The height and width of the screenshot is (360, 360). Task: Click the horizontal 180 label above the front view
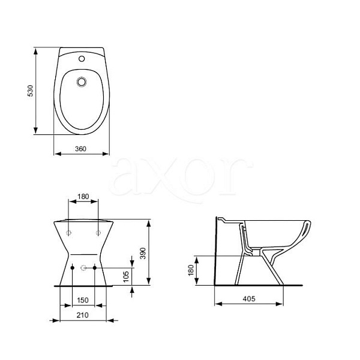click(x=83, y=196)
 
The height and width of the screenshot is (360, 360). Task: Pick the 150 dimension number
click(x=83, y=299)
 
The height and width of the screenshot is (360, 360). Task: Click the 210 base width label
click(x=83, y=314)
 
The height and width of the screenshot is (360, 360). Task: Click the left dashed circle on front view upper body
click(x=68, y=232)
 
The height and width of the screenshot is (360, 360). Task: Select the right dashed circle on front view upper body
click(x=97, y=232)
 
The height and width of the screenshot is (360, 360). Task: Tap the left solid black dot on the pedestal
click(x=73, y=267)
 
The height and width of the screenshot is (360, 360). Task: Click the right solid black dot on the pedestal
click(x=94, y=267)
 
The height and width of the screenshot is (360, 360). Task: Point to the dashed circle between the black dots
click(x=83, y=267)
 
